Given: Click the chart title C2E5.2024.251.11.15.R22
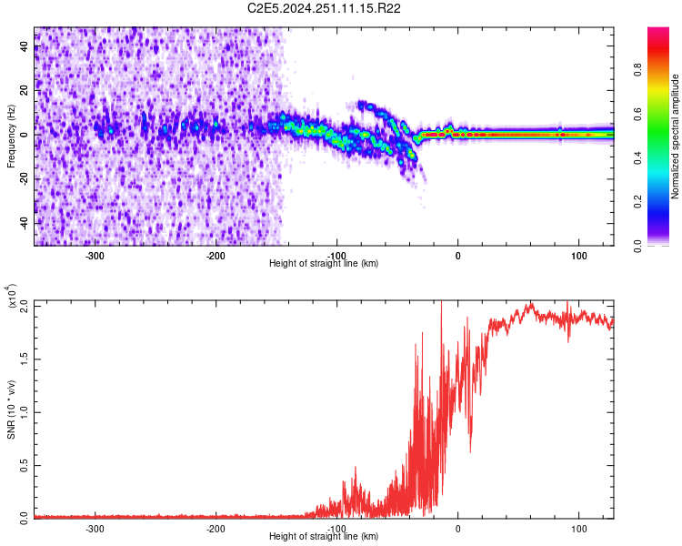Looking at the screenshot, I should pos(325,8).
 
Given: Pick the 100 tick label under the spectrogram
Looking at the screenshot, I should pos(578,256).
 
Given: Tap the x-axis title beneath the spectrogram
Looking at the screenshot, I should pos(324,263).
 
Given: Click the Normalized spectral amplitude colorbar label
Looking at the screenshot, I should pos(676,136).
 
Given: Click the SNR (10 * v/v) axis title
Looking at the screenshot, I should pos(11,409).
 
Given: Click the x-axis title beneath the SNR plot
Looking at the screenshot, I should pos(324,536).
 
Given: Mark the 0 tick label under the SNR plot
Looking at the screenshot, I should pos(458,528).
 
